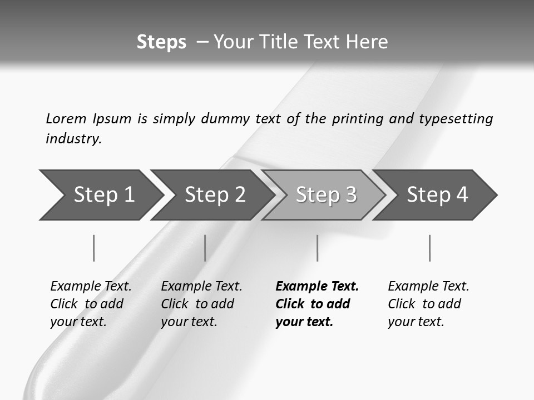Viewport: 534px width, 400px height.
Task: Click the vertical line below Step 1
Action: click(93, 248)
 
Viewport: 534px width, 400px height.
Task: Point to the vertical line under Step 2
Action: click(205, 248)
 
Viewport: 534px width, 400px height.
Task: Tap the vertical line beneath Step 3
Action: click(317, 248)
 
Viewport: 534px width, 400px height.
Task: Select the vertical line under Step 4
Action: click(429, 248)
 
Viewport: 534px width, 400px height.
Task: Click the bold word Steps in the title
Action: click(161, 42)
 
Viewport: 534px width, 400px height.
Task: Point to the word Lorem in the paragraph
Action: click(66, 118)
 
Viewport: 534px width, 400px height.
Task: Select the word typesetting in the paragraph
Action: click(456, 118)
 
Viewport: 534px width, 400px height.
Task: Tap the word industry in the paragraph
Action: click(73, 139)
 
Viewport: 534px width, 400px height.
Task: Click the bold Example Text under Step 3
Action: click(317, 286)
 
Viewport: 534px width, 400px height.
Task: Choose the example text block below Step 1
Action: click(91, 304)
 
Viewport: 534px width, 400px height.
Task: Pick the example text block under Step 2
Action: click(201, 304)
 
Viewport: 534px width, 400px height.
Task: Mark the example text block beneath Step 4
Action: click(428, 304)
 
